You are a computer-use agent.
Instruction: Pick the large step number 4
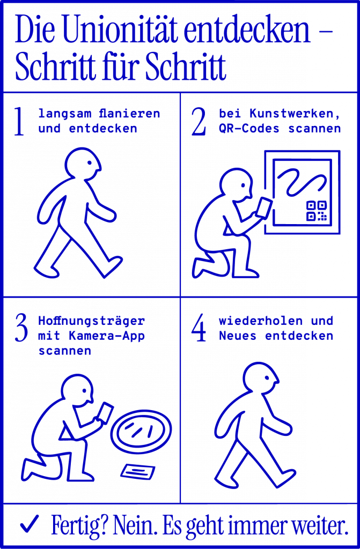click(x=199, y=329)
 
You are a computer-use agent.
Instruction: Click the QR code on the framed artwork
click(x=316, y=211)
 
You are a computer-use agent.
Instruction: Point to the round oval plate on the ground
click(x=141, y=432)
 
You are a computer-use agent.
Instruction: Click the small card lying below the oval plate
click(x=137, y=472)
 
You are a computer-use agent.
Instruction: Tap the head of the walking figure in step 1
click(x=83, y=164)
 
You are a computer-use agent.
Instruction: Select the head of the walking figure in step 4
click(x=261, y=377)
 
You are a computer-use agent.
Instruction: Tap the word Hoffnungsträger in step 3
click(x=91, y=321)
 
